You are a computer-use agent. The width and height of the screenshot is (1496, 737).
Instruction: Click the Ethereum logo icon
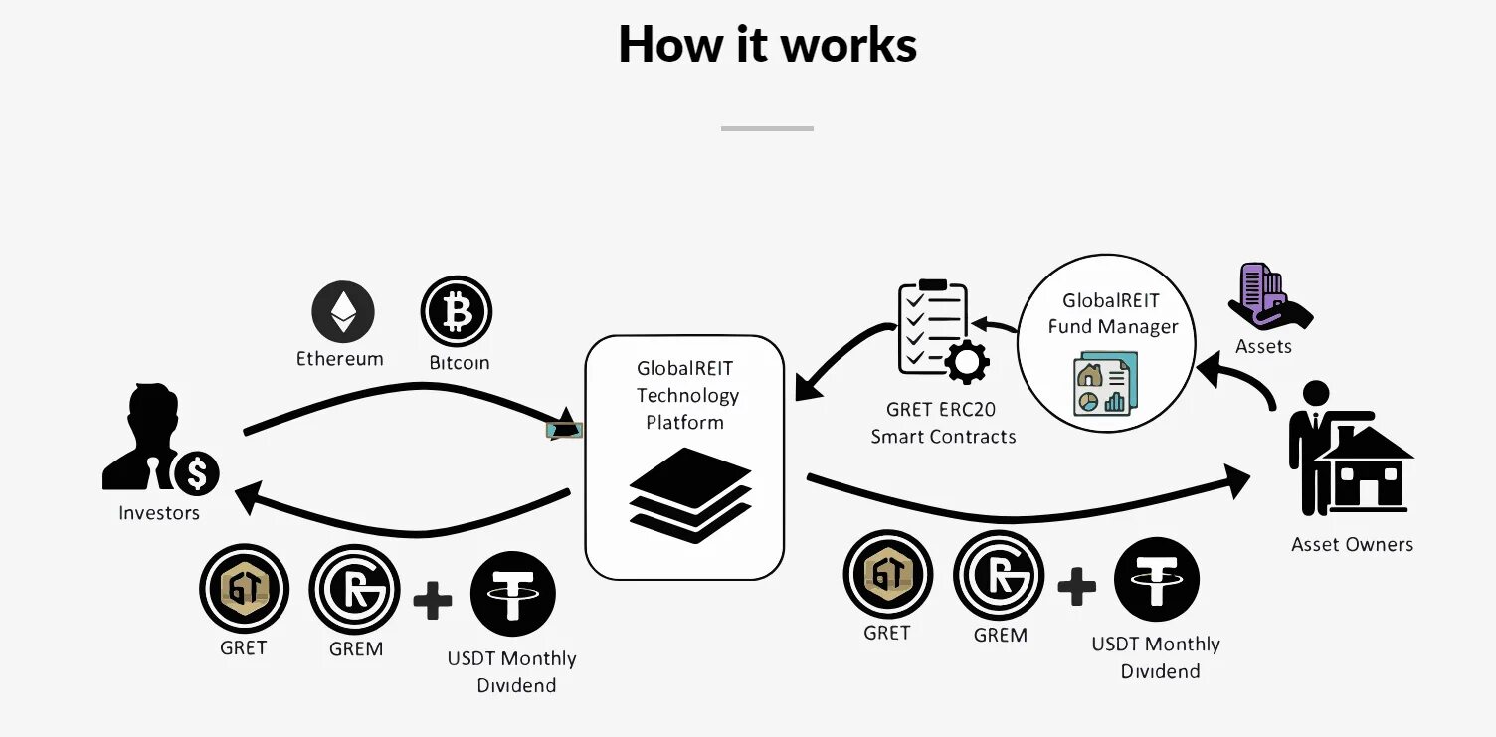pos(343,311)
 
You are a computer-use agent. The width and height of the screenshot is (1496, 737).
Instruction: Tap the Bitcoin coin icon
pos(457,311)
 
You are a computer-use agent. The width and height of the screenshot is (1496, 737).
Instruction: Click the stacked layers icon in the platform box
pos(689,494)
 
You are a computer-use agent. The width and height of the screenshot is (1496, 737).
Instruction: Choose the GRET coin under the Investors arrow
pos(244,589)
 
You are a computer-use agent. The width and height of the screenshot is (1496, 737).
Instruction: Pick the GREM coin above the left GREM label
pos(354,590)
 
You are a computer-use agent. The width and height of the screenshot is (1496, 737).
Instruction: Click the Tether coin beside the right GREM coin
pos(1157,579)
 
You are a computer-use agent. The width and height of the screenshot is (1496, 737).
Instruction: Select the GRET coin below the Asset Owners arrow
pos(887,575)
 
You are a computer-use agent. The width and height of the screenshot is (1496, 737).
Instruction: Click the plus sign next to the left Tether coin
pos(432,601)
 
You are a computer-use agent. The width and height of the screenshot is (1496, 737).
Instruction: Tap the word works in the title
pos(848,45)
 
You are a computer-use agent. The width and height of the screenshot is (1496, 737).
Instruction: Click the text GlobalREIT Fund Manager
pos(1111,313)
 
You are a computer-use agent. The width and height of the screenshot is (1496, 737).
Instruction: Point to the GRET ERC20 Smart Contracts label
pos(943,423)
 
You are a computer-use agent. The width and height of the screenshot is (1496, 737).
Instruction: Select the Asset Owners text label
pos(1352,544)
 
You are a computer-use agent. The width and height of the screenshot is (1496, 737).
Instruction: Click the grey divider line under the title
pos(767,128)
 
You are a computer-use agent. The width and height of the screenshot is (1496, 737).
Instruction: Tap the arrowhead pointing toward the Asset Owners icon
pos(1237,480)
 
